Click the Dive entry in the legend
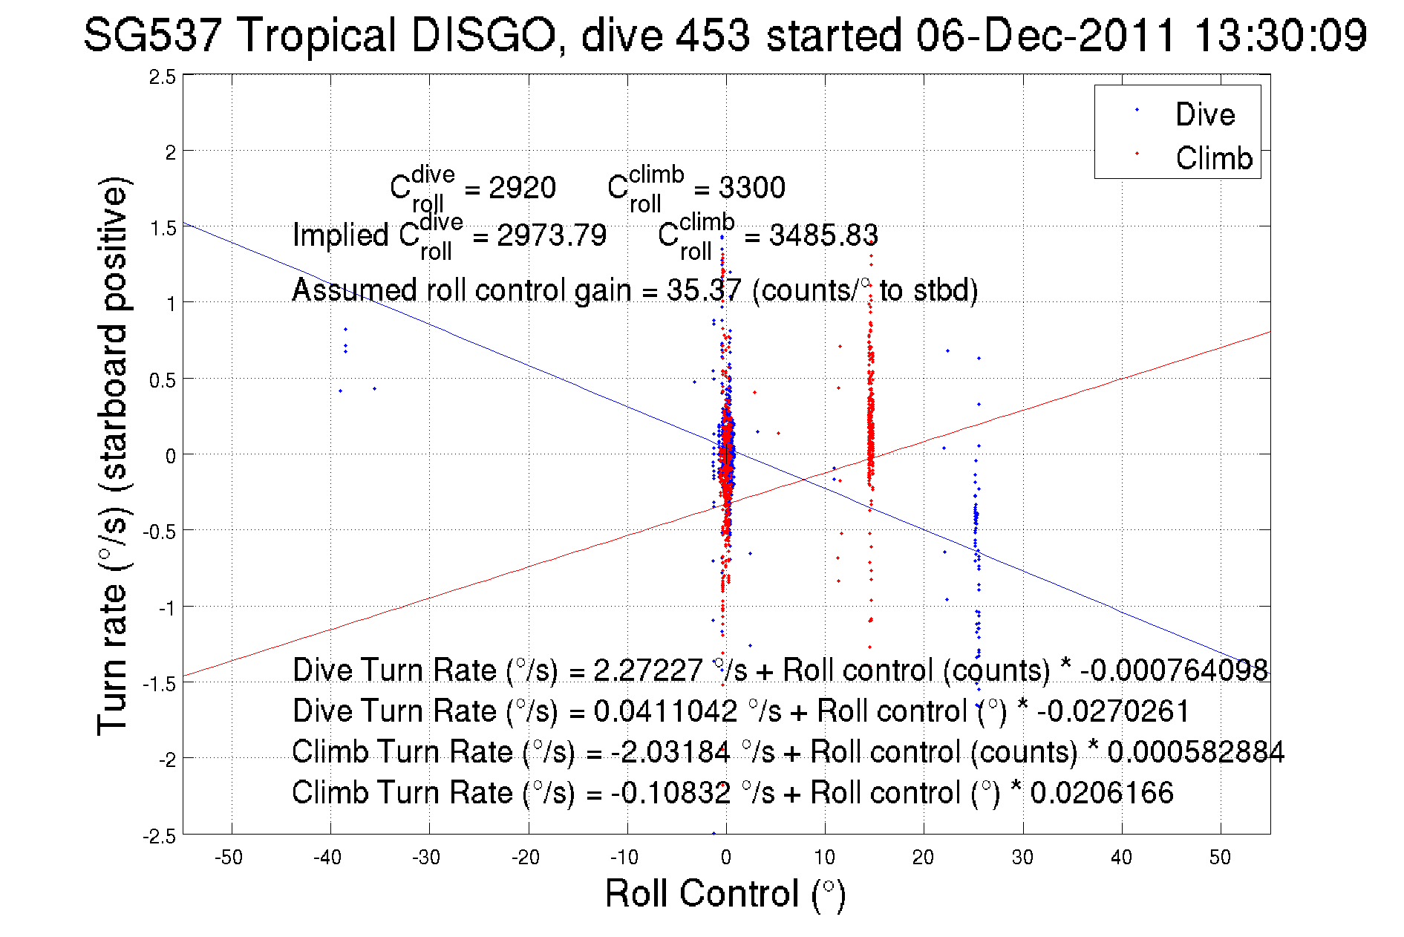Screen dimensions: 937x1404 (x=1204, y=114)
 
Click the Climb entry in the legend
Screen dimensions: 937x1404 (x=1213, y=158)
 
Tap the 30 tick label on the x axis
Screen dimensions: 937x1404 (x=1022, y=858)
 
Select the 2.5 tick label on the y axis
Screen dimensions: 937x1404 (x=163, y=77)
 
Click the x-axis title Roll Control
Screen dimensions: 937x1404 (x=725, y=893)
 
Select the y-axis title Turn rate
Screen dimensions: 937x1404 (x=114, y=457)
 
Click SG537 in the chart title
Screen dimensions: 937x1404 (x=151, y=35)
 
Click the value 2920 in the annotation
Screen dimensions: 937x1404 (x=522, y=188)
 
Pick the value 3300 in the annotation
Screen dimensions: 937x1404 (x=751, y=188)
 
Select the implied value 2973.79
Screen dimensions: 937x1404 (x=552, y=235)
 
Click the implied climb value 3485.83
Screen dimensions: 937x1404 (x=823, y=235)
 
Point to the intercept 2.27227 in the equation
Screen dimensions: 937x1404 (x=648, y=670)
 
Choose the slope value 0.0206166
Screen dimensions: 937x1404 (x=1102, y=792)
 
